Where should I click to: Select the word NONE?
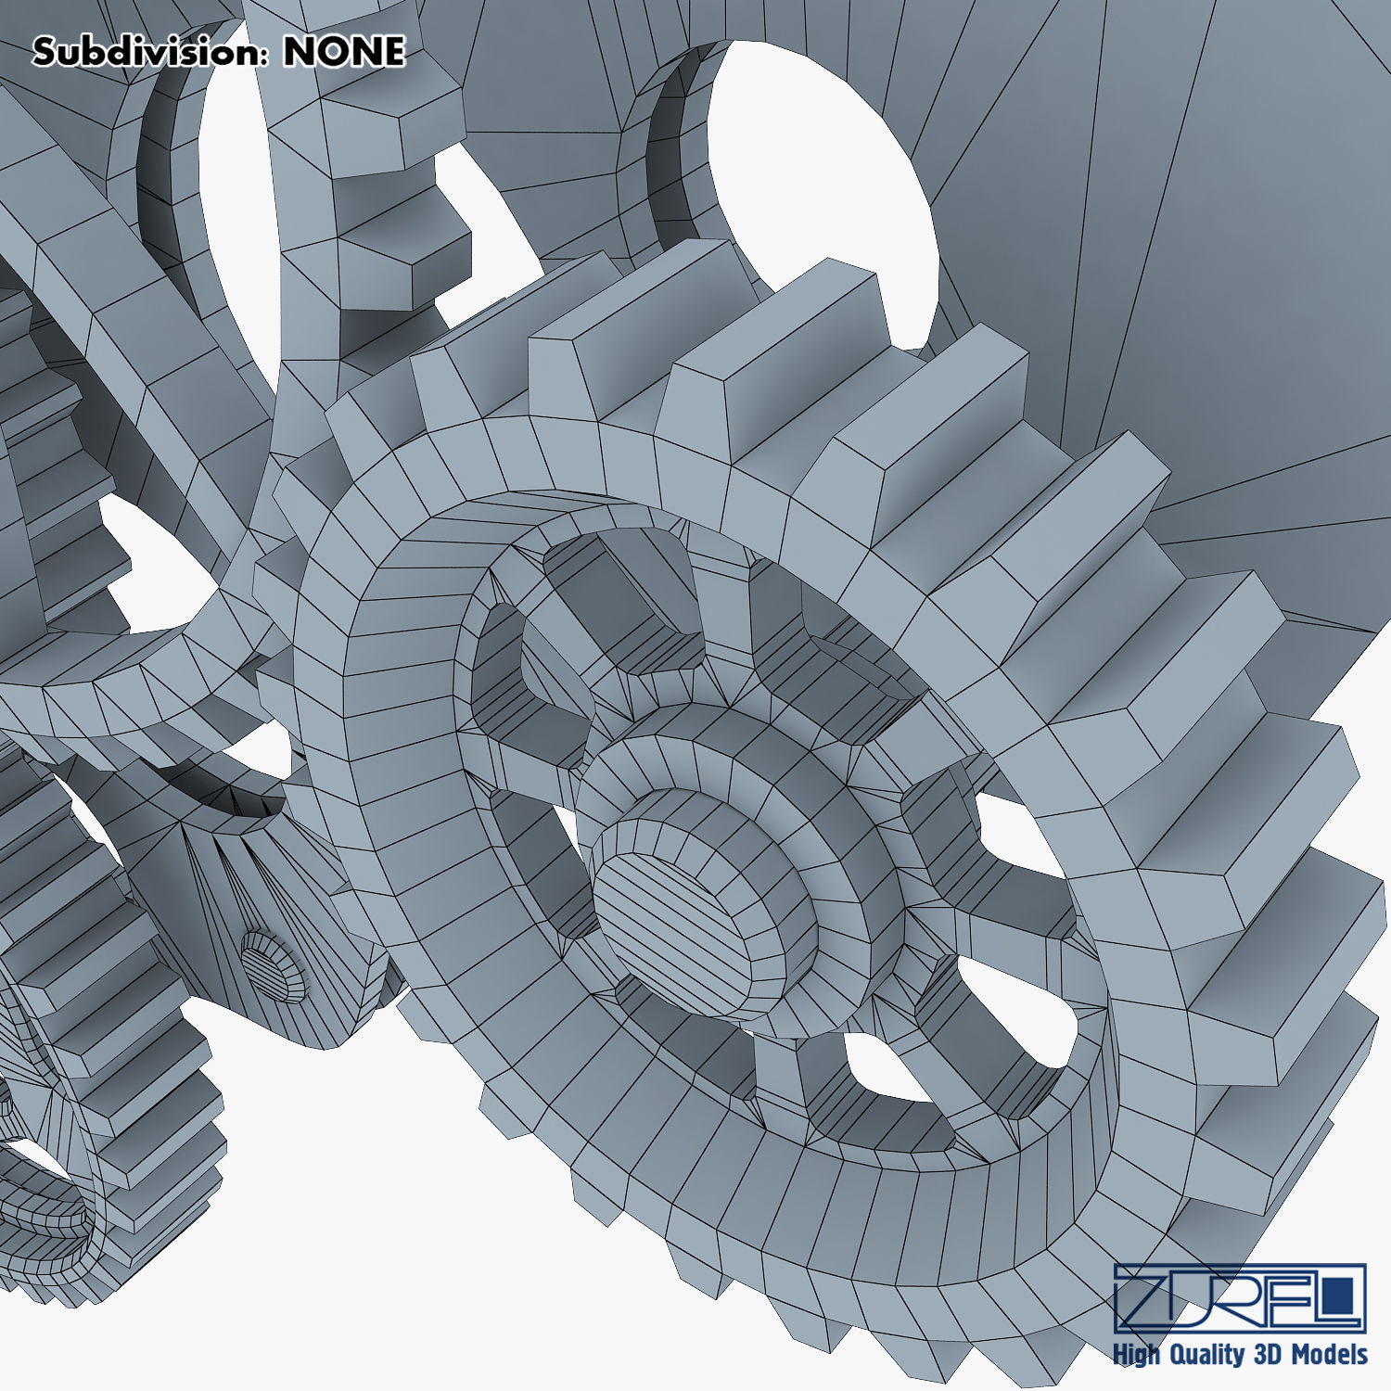click(344, 52)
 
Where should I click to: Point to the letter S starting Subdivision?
click(45, 52)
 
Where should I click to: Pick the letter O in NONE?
click(328, 52)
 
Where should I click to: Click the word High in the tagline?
click(1137, 1355)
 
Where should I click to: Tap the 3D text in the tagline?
click(1269, 1354)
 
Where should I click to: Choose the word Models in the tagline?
click(1331, 1354)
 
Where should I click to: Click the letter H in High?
click(1121, 1354)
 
